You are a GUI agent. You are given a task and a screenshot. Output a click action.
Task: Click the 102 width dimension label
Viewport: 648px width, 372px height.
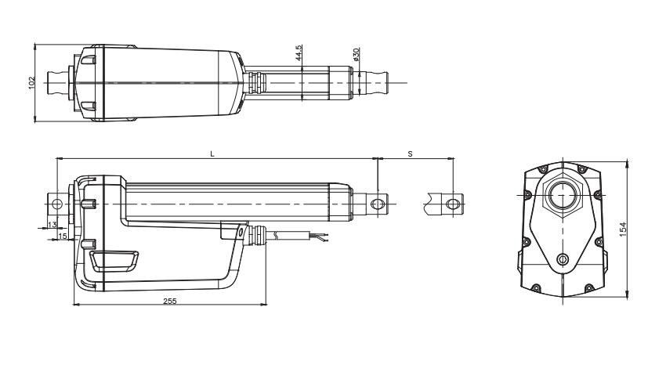pyautogui.click(x=31, y=82)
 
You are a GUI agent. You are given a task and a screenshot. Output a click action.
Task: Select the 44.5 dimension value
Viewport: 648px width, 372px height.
pyautogui.click(x=299, y=53)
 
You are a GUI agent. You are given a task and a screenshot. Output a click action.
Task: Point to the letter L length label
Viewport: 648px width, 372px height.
pyautogui.click(x=212, y=154)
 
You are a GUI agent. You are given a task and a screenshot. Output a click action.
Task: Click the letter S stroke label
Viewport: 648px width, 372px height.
pyautogui.click(x=411, y=154)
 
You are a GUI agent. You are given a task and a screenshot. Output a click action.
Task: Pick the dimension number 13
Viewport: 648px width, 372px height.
pyautogui.click(x=52, y=225)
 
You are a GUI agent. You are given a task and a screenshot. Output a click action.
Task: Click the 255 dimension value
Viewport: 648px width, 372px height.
pyautogui.click(x=168, y=300)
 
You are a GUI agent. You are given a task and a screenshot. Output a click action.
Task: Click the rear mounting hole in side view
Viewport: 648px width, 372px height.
pyautogui.click(x=56, y=204)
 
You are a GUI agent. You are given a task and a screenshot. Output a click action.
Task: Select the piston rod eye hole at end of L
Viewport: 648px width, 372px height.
pyautogui.click(x=377, y=204)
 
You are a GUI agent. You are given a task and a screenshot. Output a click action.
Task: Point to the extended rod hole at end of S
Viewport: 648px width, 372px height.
pyautogui.click(x=451, y=204)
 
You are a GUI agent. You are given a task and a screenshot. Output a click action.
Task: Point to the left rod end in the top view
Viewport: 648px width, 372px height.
pyautogui.click(x=56, y=81)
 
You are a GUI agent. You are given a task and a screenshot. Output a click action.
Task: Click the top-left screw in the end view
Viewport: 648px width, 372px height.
pyautogui.click(x=539, y=170)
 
